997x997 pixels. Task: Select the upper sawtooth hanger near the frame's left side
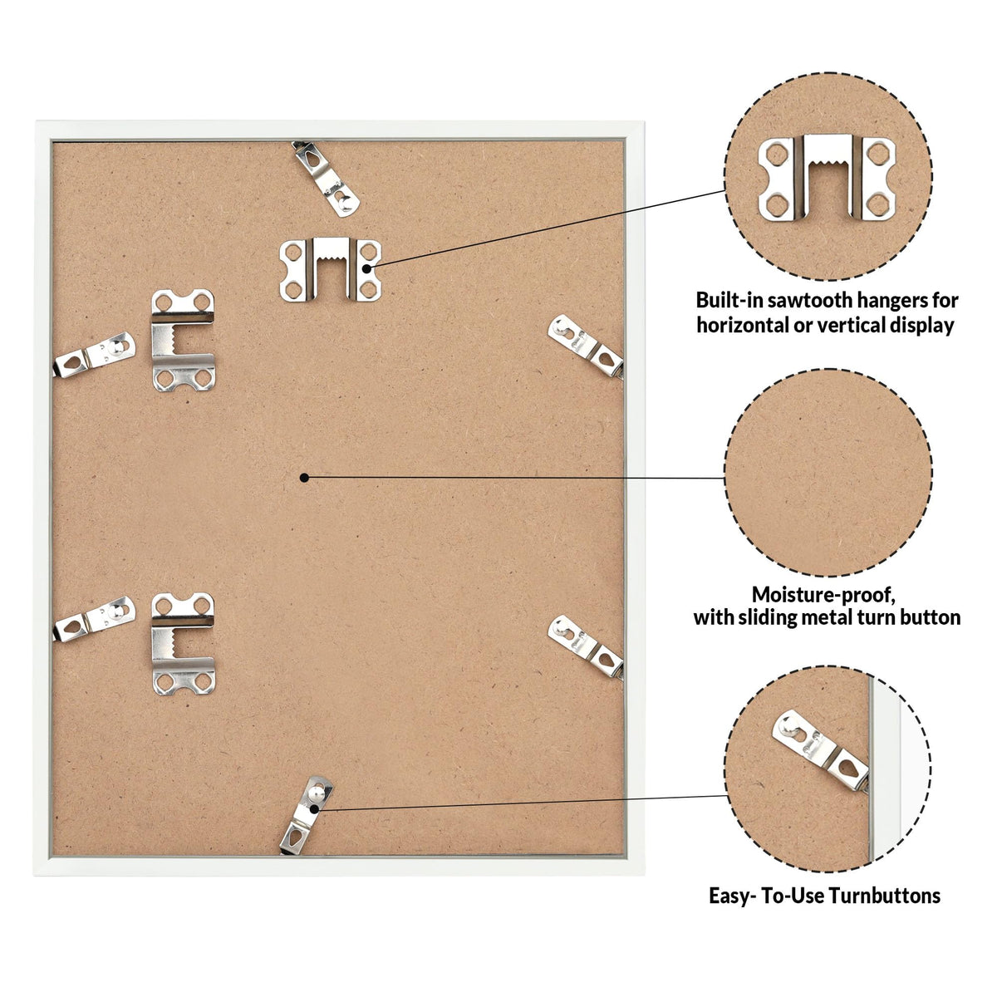click(x=183, y=340)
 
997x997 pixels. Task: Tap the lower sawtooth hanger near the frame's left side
click(x=183, y=644)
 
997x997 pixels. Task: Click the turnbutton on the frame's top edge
click(x=327, y=179)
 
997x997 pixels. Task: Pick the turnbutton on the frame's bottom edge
click(x=306, y=815)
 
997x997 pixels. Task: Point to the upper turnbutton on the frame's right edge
click(x=585, y=346)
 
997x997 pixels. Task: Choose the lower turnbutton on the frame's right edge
click(x=585, y=646)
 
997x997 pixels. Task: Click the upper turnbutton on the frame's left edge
click(x=94, y=355)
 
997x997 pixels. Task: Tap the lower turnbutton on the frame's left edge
click(x=94, y=619)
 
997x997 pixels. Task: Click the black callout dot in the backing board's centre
click(x=305, y=478)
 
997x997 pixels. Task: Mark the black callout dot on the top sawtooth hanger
click(x=366, y=268)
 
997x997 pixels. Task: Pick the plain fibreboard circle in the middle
click(x=828, y=473)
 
